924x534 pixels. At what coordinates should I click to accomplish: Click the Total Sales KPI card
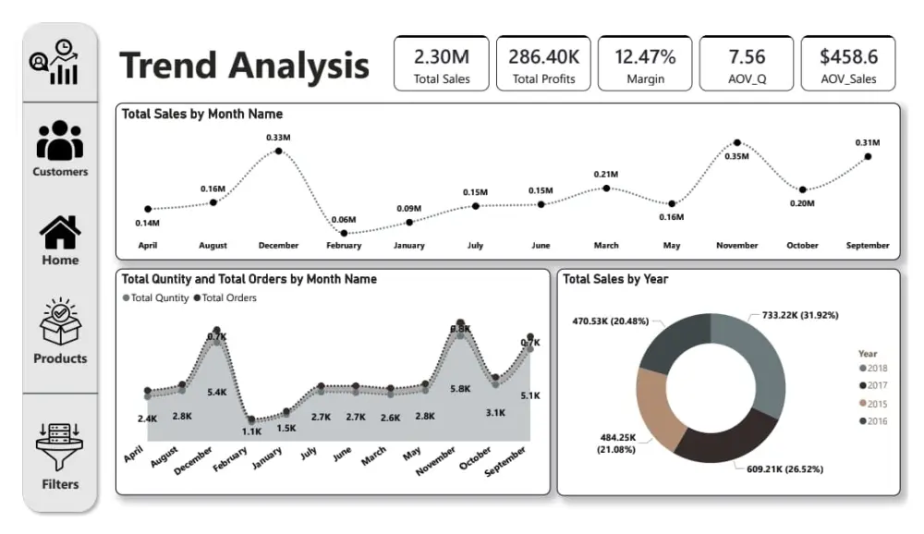click(x=442, y=64)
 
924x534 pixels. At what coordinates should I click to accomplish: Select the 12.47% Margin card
click(x=645, y=64)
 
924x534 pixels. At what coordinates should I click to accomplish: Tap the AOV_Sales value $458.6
click(x=848, y=56)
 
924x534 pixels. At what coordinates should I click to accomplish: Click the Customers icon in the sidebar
click(x=60, y=140)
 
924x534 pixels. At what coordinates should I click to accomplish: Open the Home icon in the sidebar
click(x=60, y=233)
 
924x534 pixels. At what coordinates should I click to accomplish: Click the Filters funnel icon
click(x=60, y=446)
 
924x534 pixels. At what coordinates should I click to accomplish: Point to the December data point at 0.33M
click(x=278, y=151)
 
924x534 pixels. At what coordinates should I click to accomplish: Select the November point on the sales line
click(x=736, y=143)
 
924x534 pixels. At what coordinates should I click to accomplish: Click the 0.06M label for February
click(x=344, y=220)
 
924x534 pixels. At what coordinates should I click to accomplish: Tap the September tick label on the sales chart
click(x=868, y=246)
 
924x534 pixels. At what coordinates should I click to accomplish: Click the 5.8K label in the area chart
click(x=460, y=389)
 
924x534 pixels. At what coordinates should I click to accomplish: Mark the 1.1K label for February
click(x=252, y=431)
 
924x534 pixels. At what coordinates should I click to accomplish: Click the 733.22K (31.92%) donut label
click(x=800, y=315)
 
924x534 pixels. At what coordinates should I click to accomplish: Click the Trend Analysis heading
click(x=244, y=66)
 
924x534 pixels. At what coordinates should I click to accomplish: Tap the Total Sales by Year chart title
click(x=615, y=279)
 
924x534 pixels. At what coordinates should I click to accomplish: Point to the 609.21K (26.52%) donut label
click(x=784, y=468)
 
